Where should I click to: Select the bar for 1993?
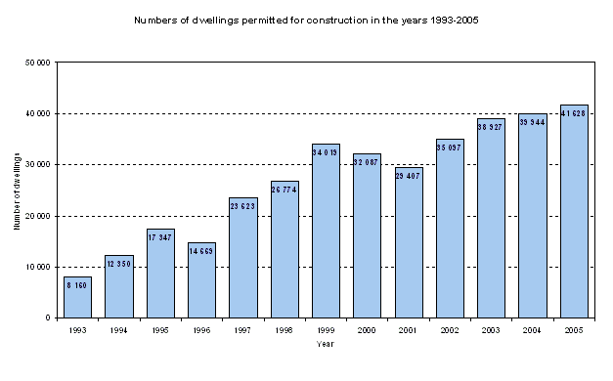pyautogui.click(x=78, y=298)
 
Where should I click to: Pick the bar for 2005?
pyautogui.click(x=573, y=215)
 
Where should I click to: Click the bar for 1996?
pyautogui.click(x=201, y=283)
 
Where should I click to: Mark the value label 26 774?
pyautogui.click(x=285, y=189)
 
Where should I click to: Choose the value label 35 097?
pyautogui.click(x=450, y=147)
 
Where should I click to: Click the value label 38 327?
pyautogui.click(x=491, y=127)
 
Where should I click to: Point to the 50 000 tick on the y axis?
pyautogui.click(x=38, y=63)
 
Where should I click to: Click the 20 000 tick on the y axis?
pyautogui.click(x=38, y=216)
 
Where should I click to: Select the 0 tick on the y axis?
pyautogui.click(x=48, y=317)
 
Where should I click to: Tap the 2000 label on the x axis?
pyautogui.click(x=367, y=330)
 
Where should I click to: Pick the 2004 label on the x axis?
pyautogui.click(x=532, y=330)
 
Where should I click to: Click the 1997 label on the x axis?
pyautogui.click(x=243, y=330)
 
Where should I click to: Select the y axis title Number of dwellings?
pyautogui.click(x=18, y=191)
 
